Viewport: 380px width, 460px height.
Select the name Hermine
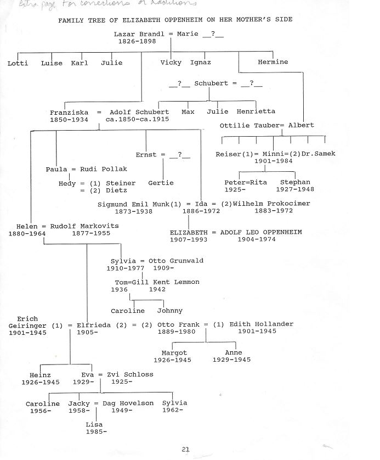(x=273, y=62)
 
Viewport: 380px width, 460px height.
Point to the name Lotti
(x=18, y=63)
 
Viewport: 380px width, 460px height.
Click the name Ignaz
(x=200, y=63)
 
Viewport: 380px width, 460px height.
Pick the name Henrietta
(x=256, y=111)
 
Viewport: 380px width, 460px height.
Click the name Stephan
(x=295, y=182)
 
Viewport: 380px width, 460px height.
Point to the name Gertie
(x=161, y=183)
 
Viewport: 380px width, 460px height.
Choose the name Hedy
(x=67, y=184)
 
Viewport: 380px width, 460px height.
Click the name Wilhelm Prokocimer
(x=271, y=204)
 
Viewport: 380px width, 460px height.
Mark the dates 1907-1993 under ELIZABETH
(x=188, y=240)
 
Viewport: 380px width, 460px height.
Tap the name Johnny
(x=169, y=311)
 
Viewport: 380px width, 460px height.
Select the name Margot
(x=174, y=353)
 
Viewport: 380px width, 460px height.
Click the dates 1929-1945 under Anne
(x=231, y=360)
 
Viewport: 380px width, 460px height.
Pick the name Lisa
(x=94, y=424)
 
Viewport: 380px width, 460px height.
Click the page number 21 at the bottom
(x=185, y=449)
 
